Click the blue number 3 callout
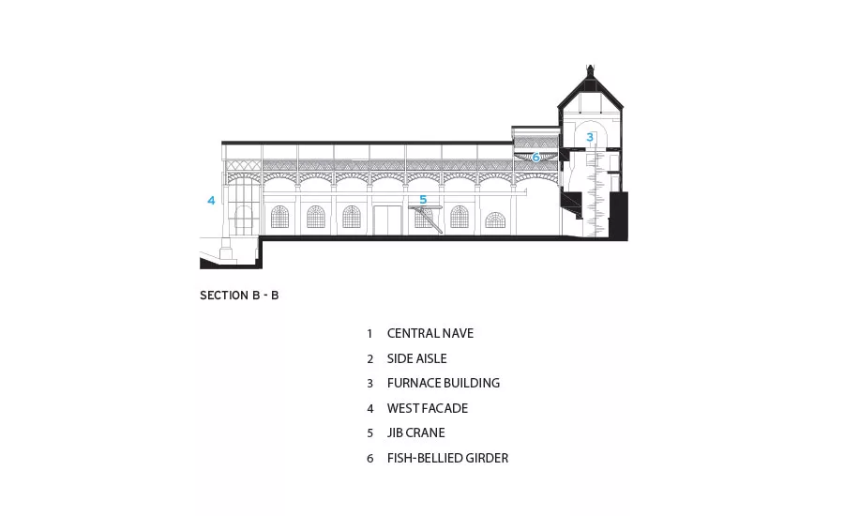pyautogui.click(x=590, y=137)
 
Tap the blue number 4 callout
pyautogui.click(x=212, y=201)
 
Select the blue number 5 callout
pyautogui.click(x=423, y=200)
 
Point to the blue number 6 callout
pyautogui.click(x=535, y=158)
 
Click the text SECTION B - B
pyautogui.click(x=239, y=296)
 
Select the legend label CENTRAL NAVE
pyautogui.click(x=430, y=333)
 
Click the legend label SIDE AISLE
pyautogui.click(x=416, y=358)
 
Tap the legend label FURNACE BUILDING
pyautogui.click(x=443, y=383)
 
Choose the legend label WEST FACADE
pyautogui.click(x=428, y=408)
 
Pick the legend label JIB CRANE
pyautogui.click(x=415, y=433)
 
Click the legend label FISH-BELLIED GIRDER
pyautogui.click(x=447, y=458)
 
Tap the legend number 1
pyautogui.click(x=369, y=334)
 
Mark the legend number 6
pyautogui.click(x=369, y=459)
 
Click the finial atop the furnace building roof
pyautogui.click(x=590, y=68)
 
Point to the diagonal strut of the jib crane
pyautogui.click(x=431, y=220)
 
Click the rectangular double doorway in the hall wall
pyautogui.click(x=387, y=220)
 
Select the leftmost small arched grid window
pyautogui.click(x=279, y=217)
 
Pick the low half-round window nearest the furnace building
pyautogui.click(x=495, y=220)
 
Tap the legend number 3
pyautogui.click(x=369, y=384)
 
